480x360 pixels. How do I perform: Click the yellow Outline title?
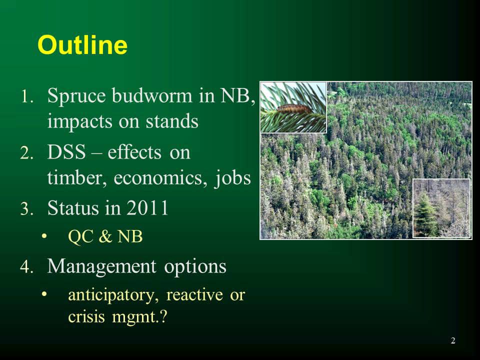pos(82,45)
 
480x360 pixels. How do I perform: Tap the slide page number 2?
pos(453,340)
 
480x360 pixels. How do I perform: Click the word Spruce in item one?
pos(76,96)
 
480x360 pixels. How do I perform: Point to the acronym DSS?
pos(66,151)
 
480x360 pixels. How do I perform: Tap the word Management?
pos(101,266)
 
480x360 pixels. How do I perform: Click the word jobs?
pos(232,178)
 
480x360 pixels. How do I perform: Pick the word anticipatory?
pos(111,295)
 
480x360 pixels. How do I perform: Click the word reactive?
pos(194,295)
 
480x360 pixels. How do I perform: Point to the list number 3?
pos(26,208)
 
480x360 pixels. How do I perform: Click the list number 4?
pos(26,266)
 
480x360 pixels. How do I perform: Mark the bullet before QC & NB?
pos(44,236)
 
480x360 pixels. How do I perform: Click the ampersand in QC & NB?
pos(105,236)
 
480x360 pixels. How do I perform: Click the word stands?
pos(172,121)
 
